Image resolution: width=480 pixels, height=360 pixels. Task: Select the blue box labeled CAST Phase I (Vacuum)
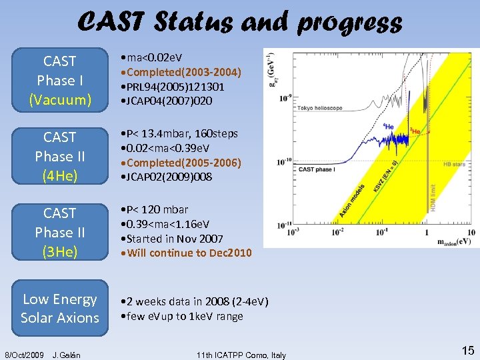(x=59, y=81)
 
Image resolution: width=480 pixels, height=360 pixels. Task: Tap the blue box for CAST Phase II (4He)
(x=59, y=157)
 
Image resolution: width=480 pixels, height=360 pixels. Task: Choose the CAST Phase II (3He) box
(x=59, y=233)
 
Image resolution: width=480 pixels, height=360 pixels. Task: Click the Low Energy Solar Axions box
(x=59, y=309)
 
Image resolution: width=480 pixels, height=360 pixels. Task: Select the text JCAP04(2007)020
(x=176, y=101)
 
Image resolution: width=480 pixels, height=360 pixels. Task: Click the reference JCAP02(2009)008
(x=176, y=177)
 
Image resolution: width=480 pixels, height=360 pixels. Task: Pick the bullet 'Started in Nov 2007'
(x=178, y=238)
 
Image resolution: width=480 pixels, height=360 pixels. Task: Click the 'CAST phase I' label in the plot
(x=316, y=171)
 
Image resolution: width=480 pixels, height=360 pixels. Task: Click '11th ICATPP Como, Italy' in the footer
(x=241, y=355)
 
